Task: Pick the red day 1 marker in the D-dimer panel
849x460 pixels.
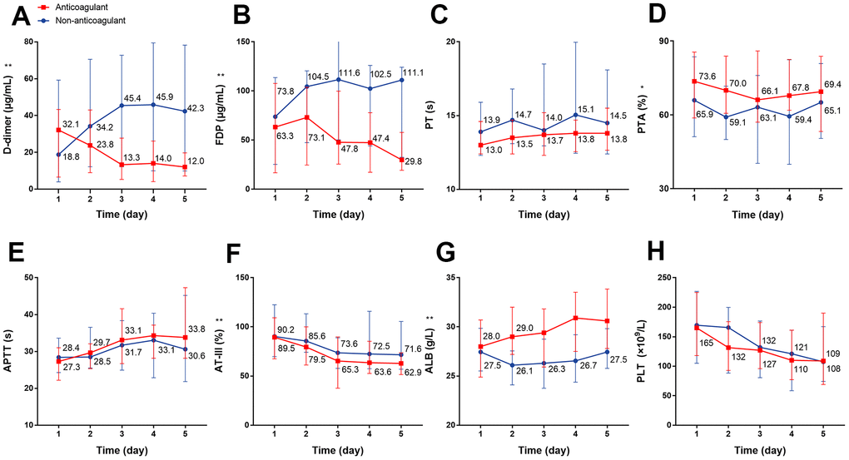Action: click(59, 130)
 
